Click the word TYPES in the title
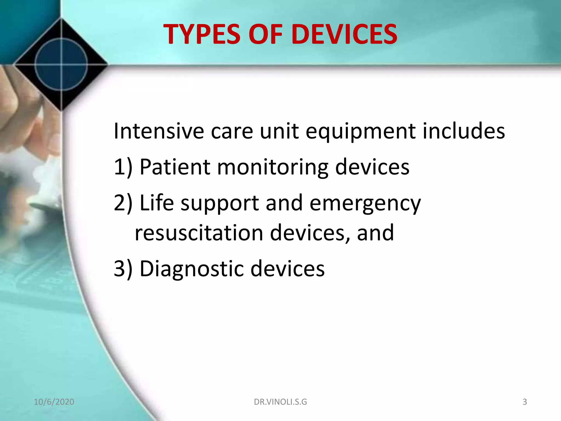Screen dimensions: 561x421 [x=202, y=34]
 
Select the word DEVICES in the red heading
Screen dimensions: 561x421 [x=344, y=34]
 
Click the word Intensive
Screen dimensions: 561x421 [x=159, y=131]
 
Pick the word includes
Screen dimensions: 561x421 [x=464, y=131]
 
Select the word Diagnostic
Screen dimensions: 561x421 [x=192, y=269]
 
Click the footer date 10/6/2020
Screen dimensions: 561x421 [x=54, y=402]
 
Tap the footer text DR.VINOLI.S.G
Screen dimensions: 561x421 [x=280, y=402]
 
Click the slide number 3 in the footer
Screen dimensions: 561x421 [x=525, y=402]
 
